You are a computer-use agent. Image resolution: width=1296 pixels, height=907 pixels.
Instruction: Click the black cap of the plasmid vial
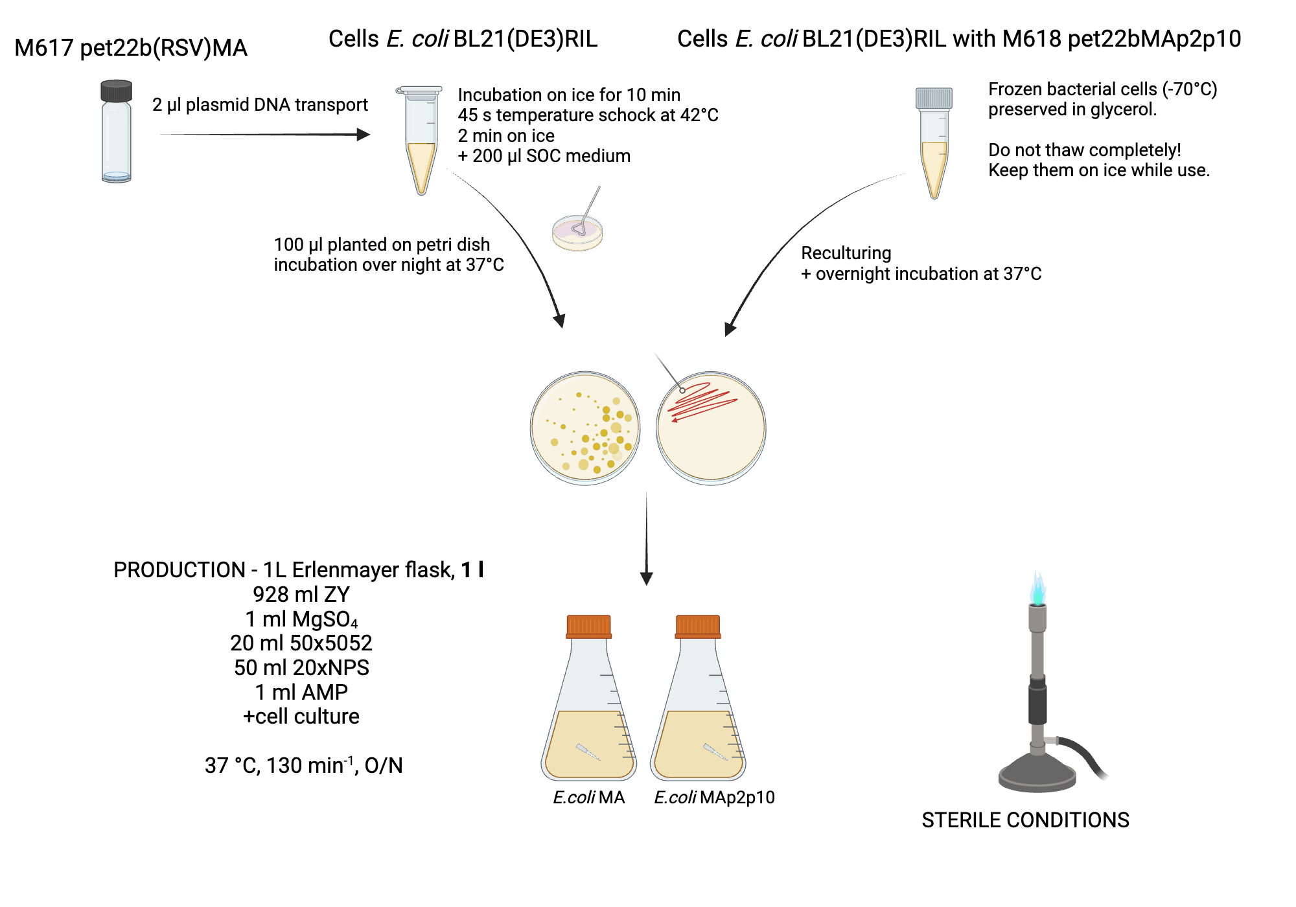(x=117, y=91)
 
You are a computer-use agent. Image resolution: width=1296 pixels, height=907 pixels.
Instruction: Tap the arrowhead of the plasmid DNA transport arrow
(x=364, y=135)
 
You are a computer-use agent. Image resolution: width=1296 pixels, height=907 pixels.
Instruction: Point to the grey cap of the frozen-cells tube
(x=934, y=98)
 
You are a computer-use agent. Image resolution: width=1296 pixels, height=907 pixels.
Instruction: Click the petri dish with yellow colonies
(x=585, y=428)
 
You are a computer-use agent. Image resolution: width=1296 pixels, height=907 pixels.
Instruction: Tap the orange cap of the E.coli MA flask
(x=588, y=626)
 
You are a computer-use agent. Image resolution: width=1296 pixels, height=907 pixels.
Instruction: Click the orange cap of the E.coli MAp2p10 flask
(x=697, y=626)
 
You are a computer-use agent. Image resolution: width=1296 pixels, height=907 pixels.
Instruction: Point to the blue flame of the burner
(x=1038, y=588)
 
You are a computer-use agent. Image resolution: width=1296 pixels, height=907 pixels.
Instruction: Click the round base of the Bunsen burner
(x=1037, y=774)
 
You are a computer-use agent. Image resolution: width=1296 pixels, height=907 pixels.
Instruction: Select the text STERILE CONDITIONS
(x=1025, y=820)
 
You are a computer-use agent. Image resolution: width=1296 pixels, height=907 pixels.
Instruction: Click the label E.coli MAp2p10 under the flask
(x=714, y=798)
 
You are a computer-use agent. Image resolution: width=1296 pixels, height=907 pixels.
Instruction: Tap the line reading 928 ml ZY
(x=301, y=594)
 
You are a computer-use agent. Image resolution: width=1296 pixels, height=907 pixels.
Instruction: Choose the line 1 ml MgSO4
(x=301, y=619)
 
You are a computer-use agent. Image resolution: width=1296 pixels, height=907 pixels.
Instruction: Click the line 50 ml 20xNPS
(x=301, y=668)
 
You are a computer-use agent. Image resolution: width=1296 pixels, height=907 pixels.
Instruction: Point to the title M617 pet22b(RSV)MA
(x=131, y=48)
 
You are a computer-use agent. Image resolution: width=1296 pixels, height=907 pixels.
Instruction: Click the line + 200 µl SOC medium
(x=544, y=156)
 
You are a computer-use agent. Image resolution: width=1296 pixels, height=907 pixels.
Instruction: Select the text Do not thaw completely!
(x=1084, y=150)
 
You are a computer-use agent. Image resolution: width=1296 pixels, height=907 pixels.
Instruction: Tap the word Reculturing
(x=846, y=253)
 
